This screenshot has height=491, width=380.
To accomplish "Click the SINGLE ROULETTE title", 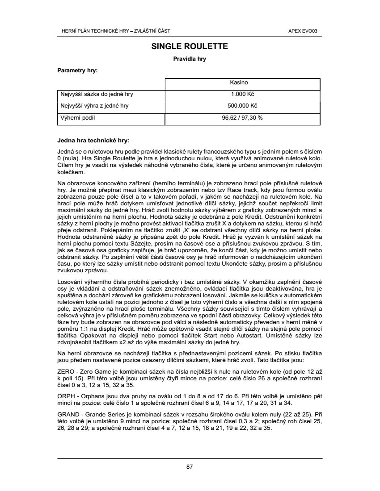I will [x=190, y=46].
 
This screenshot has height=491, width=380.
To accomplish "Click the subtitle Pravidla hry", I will [x=190, y=59].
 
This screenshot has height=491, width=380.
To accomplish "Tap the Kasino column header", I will [x=239, y=83].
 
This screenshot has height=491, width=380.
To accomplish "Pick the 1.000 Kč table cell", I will [x=242, y=95].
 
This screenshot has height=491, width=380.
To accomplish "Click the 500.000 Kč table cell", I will [x=242, y=106].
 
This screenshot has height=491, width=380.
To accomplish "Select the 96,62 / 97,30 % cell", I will [x=242, y=118].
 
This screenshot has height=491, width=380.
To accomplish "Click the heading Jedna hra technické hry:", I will [x=93, y=141].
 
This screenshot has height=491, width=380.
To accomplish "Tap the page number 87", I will [x=190, y=467].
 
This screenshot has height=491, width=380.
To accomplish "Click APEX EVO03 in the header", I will [x=306, y=31].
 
